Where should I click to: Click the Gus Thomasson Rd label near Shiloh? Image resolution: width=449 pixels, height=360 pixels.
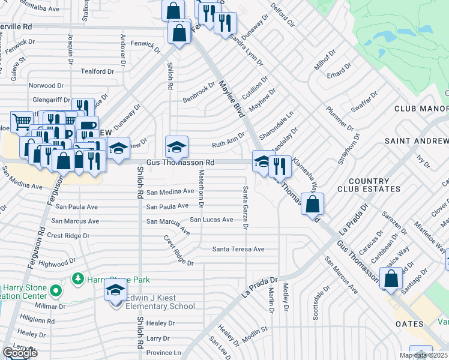tap(181, 163)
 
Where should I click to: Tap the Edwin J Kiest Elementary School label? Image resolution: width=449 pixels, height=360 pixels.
tap(161, 301)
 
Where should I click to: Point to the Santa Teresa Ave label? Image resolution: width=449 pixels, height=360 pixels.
tap(238, 249)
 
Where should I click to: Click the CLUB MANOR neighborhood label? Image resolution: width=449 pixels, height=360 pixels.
tap(421, 109)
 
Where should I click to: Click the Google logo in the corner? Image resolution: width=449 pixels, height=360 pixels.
tap(20, 353)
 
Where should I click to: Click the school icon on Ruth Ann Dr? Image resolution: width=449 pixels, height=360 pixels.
tap(177, 146)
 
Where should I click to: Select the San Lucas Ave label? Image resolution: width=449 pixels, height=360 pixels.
tap(211, 220)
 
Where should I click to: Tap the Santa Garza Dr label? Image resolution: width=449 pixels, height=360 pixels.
tap(245, 207)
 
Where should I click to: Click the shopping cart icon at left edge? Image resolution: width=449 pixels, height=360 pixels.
tap(22, 122)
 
